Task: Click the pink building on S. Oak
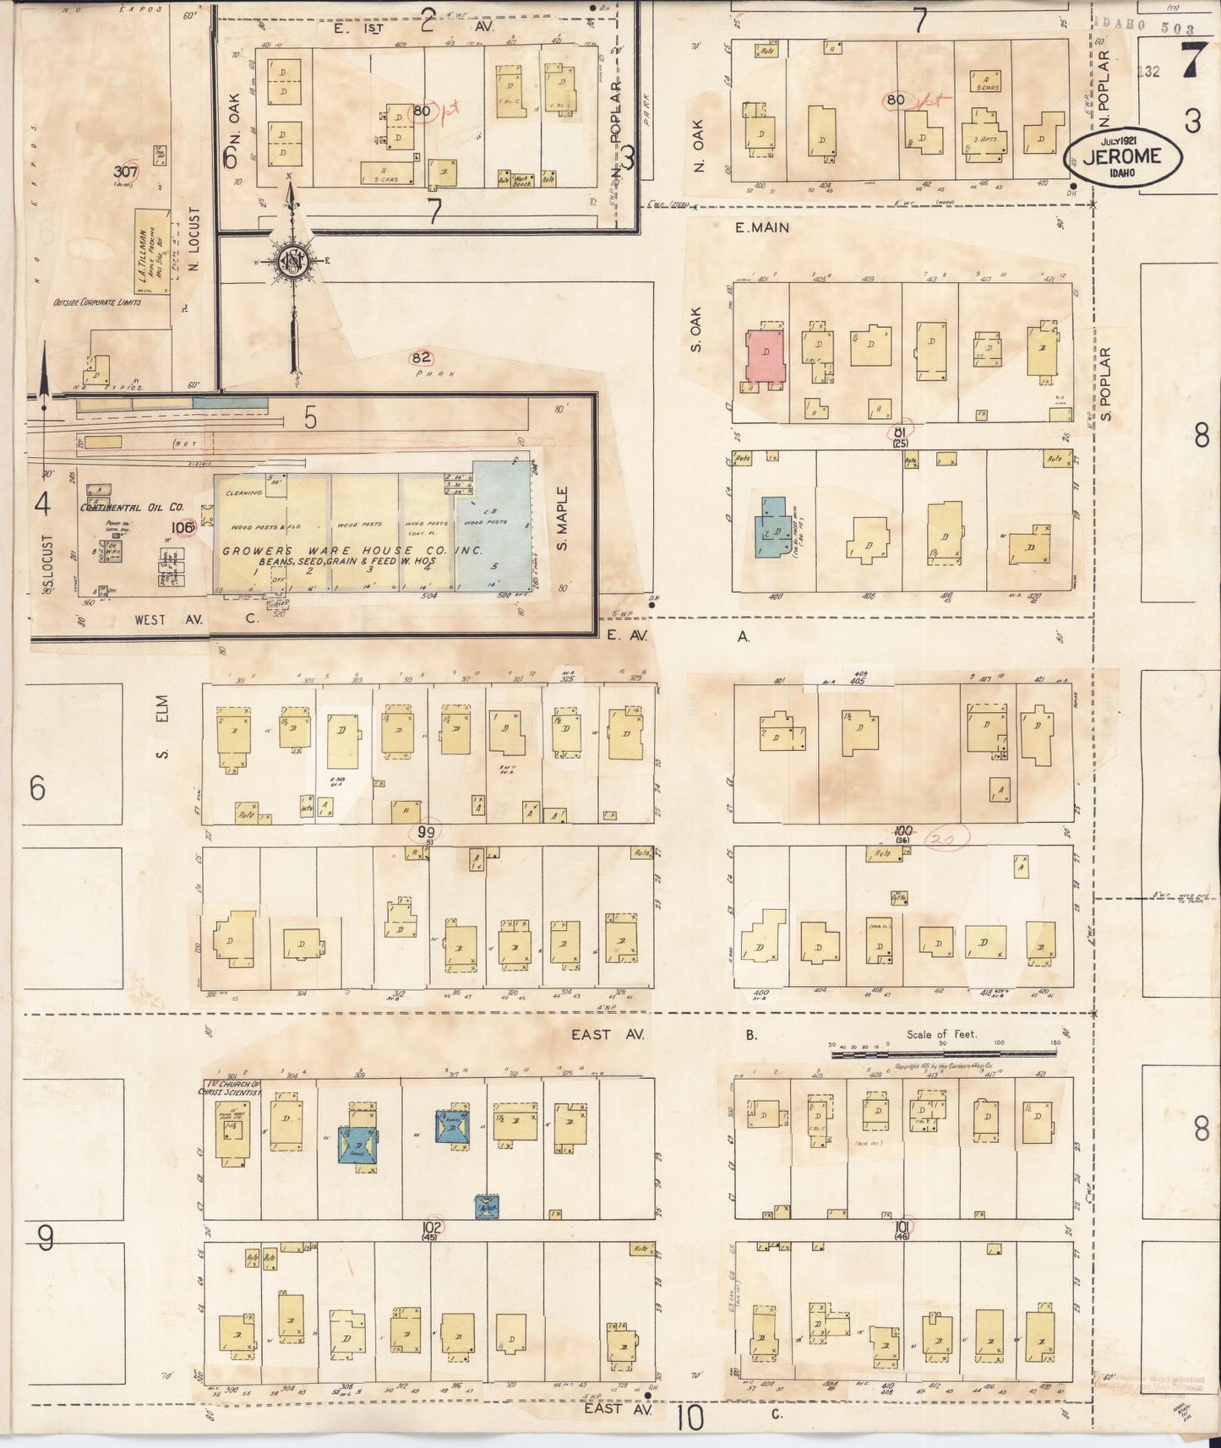click(765, 358)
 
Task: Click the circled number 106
click(183, 528)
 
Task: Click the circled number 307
click(126, 171)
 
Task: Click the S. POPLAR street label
click(1106, 384)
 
